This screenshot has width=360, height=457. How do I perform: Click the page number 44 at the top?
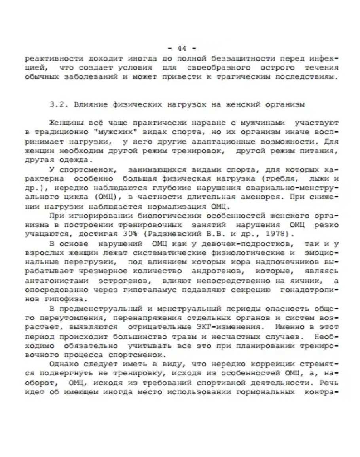pyautogui.click(x=182, y=49)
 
